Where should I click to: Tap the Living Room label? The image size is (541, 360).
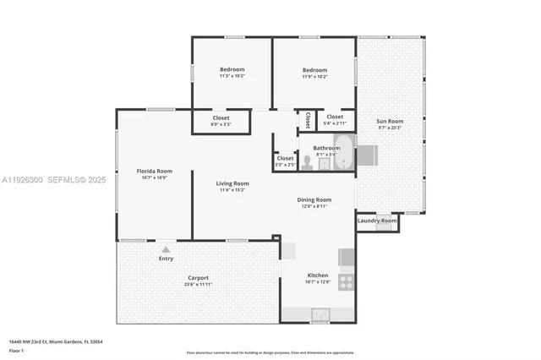click(x=232, y=186)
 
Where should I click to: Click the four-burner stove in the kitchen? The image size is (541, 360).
click(x=346, y=281)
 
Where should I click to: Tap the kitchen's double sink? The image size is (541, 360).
click(x=320, y=315)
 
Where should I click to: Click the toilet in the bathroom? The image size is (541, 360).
click(x=307, y=163)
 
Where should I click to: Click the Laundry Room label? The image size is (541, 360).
click(x=377, y=221)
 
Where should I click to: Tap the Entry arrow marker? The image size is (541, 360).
click(x=167, y=249)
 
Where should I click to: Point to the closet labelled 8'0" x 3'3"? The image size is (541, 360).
click(x=220, y=121)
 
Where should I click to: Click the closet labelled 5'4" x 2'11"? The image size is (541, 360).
click(x=335, y=119)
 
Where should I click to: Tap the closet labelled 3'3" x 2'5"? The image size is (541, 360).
click(x=285, y=161)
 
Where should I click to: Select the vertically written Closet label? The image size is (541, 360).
click(x=307, y=119)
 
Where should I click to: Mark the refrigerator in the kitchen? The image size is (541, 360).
click(x=347, y=257)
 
